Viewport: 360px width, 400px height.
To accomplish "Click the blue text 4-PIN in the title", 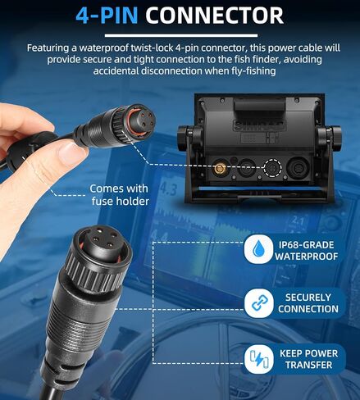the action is (107, 15).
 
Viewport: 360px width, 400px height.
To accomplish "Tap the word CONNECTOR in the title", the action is (215, 15).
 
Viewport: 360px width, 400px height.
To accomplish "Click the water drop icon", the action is (258, 249).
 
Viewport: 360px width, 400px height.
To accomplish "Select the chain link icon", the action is (258, 303).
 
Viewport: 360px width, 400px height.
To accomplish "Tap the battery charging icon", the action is (258, 359).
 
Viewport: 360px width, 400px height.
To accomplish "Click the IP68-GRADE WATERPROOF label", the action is (307, 251).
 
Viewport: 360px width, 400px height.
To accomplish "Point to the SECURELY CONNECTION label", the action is (308, 303).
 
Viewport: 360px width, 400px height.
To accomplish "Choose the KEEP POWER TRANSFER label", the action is (309, 359).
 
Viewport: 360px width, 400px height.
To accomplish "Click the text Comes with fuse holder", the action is (120, 195).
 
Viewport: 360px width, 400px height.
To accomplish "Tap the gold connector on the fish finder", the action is (218, 168).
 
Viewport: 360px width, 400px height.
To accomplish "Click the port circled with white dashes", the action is (272, 168).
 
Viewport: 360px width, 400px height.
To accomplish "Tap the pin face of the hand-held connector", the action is (142, 120).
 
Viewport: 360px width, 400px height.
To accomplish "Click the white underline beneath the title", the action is (181, 35).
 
